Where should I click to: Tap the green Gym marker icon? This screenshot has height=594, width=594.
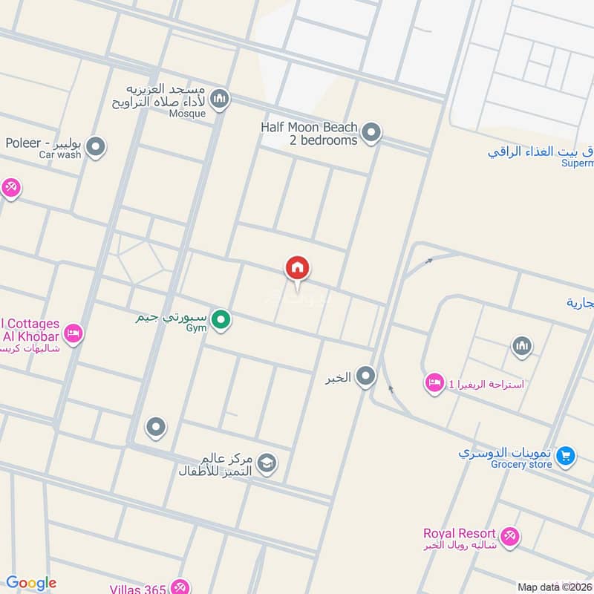[220, 321]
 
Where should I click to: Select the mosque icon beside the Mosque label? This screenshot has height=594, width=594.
[219, 98]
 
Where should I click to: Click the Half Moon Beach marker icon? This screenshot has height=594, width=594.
[372, 134]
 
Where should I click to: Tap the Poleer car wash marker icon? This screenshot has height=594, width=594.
[95, 148]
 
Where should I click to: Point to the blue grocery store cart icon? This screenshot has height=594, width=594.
[566, 455]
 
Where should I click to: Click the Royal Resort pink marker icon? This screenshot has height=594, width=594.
[509, 535]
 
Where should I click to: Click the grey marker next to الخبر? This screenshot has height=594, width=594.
[365, 377]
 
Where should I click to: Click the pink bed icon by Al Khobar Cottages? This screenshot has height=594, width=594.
[73, 333]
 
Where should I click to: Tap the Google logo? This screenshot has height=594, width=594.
[31, 583]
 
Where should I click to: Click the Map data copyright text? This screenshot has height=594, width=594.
[555, 587]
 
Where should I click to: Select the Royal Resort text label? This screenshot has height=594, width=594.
[459, 533]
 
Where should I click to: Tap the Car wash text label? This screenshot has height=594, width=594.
[60, 154]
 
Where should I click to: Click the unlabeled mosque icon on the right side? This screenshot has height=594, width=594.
[522, 346]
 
